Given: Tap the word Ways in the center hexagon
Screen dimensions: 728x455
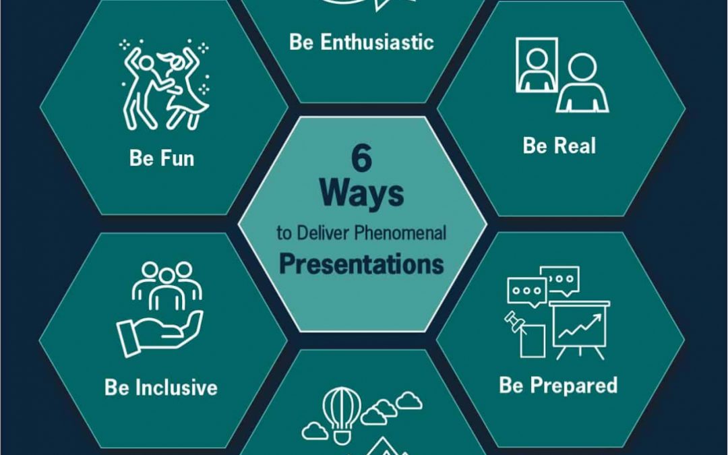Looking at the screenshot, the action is click(x=362, y=193).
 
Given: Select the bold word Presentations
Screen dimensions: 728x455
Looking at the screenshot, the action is click(x=362, y=264).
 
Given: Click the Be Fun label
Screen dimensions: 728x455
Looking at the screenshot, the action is click(x=162, y=158).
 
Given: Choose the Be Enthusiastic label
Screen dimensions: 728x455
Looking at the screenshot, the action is click(x=362, y=42).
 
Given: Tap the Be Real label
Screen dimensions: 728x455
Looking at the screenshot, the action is click(x=559, y=146).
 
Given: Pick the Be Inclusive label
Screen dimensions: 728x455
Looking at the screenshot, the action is click(x=161, y=387).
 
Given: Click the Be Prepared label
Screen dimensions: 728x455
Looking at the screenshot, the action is click(x=559, y=385).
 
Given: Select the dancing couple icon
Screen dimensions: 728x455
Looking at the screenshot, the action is click(x=165, y=84).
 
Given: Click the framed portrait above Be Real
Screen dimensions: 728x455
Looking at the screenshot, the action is click(x=537, y=65).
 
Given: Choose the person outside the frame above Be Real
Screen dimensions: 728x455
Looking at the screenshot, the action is click(x=582, y=83).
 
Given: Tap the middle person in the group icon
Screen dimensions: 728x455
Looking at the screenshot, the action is click(x=166, y=289).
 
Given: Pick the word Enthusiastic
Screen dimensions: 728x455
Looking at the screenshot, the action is click(x=377, y=42).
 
